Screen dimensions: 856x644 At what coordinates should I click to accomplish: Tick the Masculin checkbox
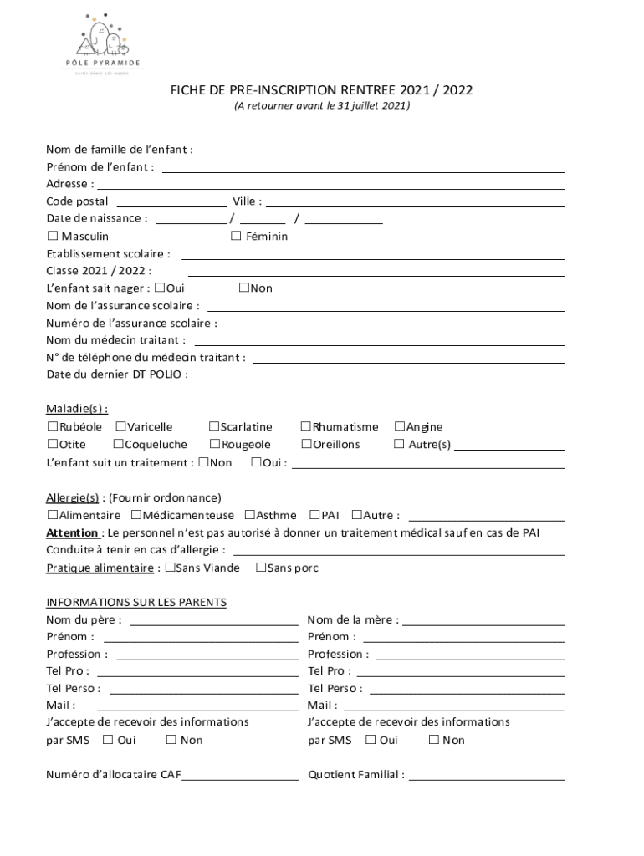(52, 237)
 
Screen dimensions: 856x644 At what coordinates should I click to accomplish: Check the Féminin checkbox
(237, 237)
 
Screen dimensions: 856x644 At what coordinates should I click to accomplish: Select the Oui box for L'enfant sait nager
(160, 288)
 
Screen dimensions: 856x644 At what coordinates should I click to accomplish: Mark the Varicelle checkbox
(121, 427)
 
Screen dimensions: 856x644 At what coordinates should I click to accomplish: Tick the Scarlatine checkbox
(214, 427)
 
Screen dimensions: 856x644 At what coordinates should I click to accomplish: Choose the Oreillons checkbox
(306, 444)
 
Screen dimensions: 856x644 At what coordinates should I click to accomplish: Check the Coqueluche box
(118, 444)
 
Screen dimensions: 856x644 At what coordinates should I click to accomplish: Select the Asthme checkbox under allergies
(250, 515)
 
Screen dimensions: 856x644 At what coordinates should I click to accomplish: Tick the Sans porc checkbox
(261, 568)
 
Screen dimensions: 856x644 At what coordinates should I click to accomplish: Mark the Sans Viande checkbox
(170, 568)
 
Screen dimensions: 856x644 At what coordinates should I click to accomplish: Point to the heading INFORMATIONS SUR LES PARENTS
(136, 603)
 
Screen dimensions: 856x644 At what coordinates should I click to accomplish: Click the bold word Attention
(72, 532)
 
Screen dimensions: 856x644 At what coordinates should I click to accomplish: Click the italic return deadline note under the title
(322, 107)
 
